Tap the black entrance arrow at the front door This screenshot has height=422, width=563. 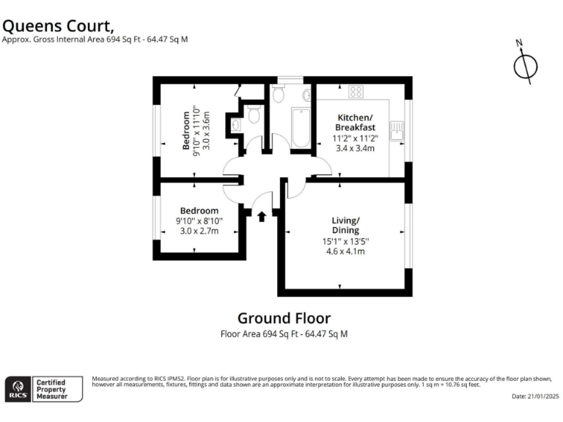(262, 215)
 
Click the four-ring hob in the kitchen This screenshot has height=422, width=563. (356, 92)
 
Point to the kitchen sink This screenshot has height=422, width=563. (396, 130)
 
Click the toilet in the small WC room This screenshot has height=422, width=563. (254, 114)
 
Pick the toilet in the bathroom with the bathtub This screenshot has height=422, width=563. (278, 95)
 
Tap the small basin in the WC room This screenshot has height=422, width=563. (235, 125)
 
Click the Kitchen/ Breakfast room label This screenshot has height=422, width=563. (355, 122)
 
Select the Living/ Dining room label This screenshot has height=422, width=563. (345, 225)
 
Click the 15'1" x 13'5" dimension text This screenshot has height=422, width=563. (345, 241)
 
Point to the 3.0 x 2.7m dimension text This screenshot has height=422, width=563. (199, 231)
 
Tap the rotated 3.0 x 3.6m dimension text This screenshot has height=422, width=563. (206, 131)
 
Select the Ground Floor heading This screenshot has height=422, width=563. (284, 319)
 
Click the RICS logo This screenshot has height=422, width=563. (18, 388)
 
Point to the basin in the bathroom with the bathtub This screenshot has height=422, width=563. (306, 95)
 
